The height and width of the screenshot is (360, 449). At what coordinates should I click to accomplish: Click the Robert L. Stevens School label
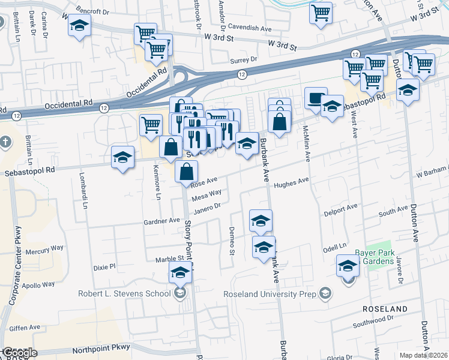click(124, 293)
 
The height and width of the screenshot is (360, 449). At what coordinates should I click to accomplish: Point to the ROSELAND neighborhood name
click(385, 308)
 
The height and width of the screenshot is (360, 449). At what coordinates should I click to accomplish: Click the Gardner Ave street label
click(161, 221)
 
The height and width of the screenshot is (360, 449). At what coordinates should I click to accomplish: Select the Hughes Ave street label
click(291, 182)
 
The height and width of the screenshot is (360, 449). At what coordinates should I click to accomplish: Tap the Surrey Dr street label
click(243, 60)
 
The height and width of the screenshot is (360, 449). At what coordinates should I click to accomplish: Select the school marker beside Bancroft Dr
click(78, 27)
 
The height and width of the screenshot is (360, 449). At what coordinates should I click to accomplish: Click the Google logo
click(19, 353)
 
